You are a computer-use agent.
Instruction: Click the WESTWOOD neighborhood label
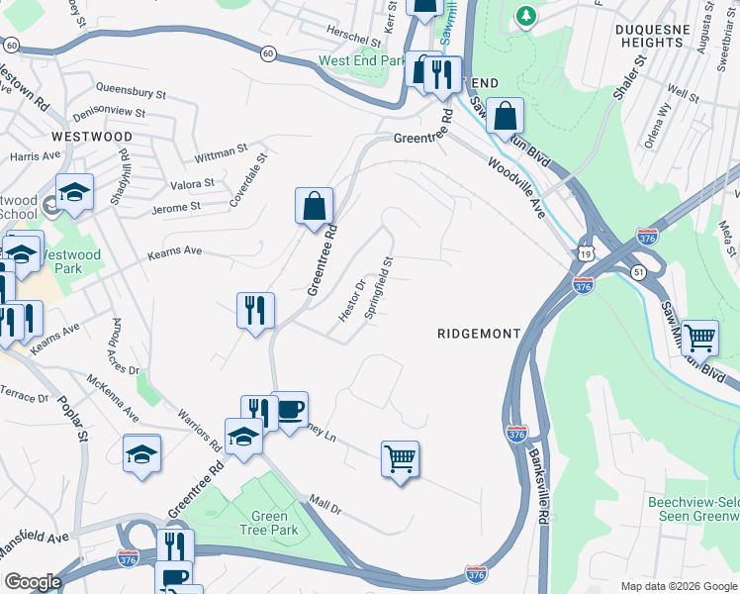(x=91, y=136)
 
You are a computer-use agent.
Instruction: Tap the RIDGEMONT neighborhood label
(x=479, y=335)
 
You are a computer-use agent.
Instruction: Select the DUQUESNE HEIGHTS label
(x=660, y=38)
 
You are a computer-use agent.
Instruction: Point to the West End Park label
(x=362, y=61)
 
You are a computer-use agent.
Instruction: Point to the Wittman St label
(x=221, y=152)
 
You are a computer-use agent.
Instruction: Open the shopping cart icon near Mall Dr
(x=400, y=459)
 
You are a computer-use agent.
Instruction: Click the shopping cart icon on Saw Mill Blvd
(x=699, y=338)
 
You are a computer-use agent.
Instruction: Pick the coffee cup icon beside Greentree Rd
(x=289, y=411)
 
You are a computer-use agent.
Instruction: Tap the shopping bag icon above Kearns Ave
(x=314, y=207)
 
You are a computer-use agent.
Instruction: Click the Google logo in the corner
(x=33, y=582)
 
